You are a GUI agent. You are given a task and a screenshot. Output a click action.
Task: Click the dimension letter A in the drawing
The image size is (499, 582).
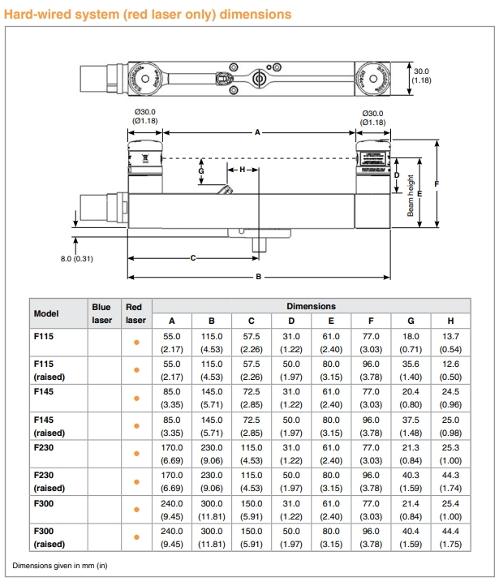tap(258, 131)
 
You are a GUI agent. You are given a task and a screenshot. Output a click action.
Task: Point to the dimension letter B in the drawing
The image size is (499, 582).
tap(258, 277)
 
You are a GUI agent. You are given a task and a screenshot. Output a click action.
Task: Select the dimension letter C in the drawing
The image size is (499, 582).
tap(193, 258)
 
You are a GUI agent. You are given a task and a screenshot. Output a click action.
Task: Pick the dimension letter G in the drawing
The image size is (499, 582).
tap(200, 171)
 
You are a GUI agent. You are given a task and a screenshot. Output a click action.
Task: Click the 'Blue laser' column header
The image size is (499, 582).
tap(101, 313)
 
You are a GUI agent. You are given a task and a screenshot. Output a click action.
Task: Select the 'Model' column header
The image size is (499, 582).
tap(46, 313)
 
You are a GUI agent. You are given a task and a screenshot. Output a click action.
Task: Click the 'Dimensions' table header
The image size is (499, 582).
tap(311, 306)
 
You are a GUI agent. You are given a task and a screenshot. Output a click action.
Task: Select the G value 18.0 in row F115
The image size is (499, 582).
tap(411, 336)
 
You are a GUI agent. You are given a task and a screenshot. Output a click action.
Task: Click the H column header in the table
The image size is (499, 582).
tap(450, 321)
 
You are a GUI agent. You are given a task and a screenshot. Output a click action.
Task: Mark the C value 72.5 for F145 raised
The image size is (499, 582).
tap(252, 419)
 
